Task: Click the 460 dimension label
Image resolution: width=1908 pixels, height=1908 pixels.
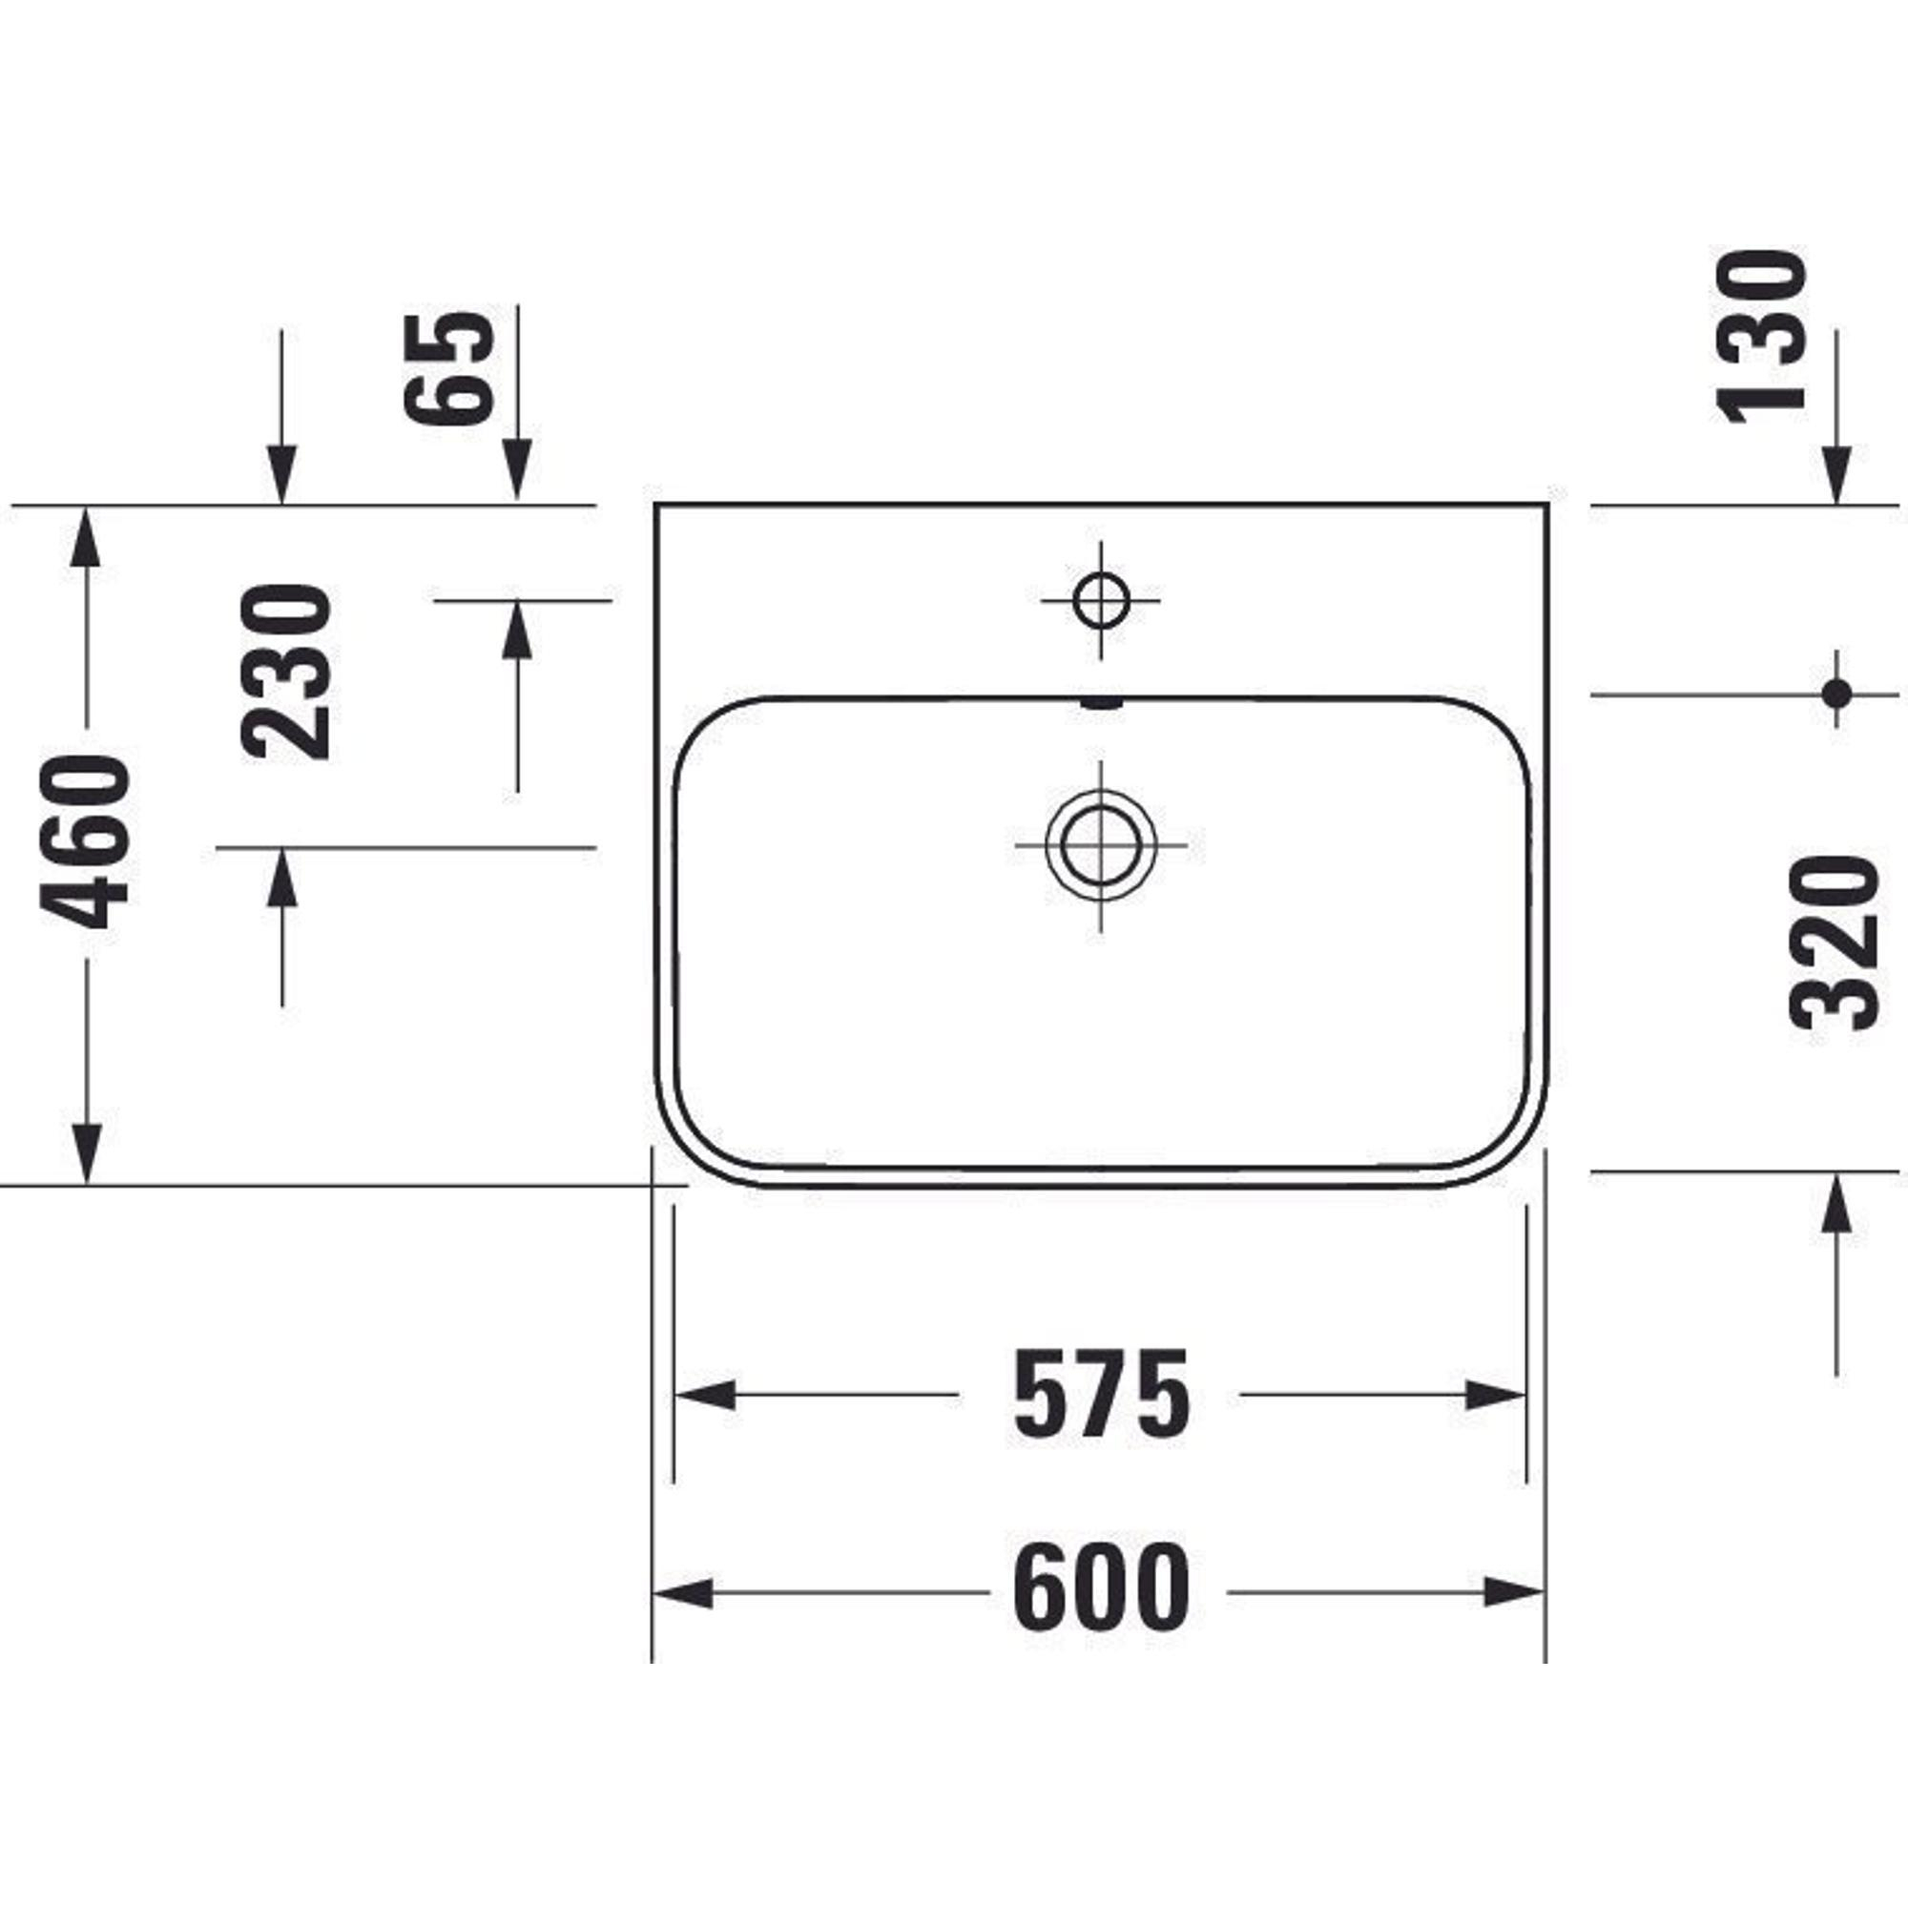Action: [x=86, y=841]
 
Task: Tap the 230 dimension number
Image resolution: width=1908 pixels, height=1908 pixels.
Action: [x=285, y=672]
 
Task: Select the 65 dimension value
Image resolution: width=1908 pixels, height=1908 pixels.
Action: [x=449, y=367]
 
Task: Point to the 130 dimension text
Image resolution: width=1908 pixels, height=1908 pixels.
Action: [x=1761, y=337]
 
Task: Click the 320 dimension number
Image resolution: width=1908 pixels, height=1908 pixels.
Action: [x=1832, y=944]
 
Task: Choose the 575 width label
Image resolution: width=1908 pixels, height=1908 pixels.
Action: [x=1101, y=1395]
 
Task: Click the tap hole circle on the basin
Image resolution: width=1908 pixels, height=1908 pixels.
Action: [x=1100, y=599]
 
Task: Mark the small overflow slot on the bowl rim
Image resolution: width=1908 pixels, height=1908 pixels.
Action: [x=1102, y=704]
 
